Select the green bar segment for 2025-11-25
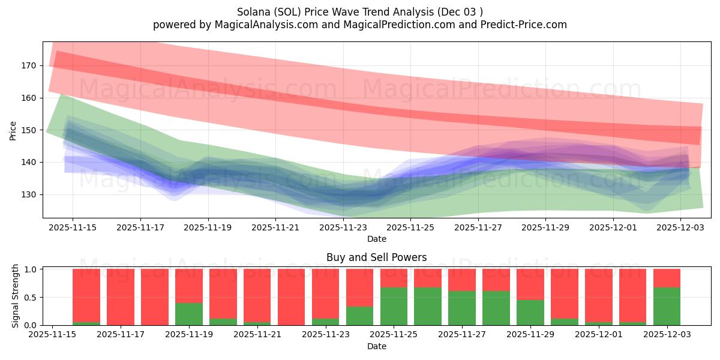pyautogui.click(x=394, y=306)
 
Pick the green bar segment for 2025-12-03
pyautogui.click(x=667, y=306)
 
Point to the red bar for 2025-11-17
pyautogui.click(x=121, y=297)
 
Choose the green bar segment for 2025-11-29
pyautogui.click(x=531, y=312)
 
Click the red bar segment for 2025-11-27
pyautogui.click(x=463, y=280)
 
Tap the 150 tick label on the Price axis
pyautogui.click(x=29, y=130)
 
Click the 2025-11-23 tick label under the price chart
pyautogui.click(x=343, y=228)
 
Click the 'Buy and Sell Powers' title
pyautogui.click(x=376, y=257)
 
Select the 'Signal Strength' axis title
pyautogui.click(x=16, y=295)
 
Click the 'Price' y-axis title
pyautogui.click(x=13, y=130)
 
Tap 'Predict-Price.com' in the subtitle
pyautogui.click(x=525, y=25)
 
